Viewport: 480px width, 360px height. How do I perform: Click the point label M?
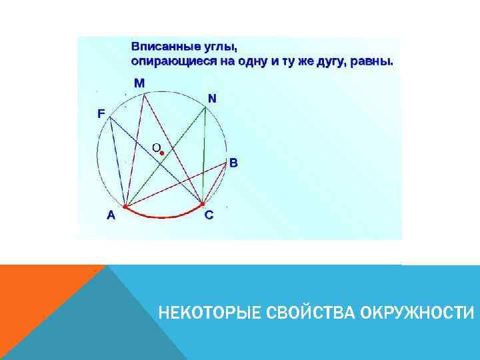click(139, 83)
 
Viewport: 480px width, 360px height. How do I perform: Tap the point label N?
click(212, 98)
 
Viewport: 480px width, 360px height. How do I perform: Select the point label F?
click(101, 113)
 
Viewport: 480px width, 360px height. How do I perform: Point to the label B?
click(233, 162)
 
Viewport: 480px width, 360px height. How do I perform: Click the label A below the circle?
click(111, 215)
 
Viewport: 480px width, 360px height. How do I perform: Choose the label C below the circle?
click(209, 216)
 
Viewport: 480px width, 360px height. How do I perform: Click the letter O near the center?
click(155, 147)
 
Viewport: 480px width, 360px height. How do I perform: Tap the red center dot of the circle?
click(161, 153)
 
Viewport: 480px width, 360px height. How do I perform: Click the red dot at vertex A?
click(125, 207)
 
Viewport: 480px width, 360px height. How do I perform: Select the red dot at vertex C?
click(203, 204)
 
